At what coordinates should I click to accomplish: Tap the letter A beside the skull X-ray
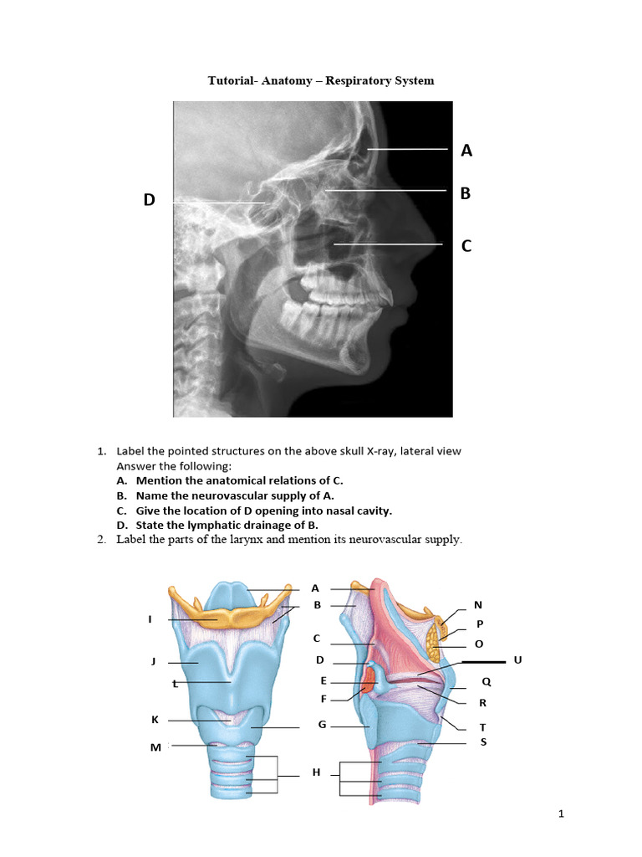(466, 151)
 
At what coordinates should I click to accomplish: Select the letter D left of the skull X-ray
(149, 200)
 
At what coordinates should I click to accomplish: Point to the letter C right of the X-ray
(466, 246)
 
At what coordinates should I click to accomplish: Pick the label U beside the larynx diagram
(517, 660)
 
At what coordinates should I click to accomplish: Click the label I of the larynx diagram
(150, 619)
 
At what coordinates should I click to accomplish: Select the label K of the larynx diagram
(155, 720)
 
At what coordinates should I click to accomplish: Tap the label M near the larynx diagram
(155, 747)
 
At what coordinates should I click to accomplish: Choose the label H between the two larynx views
(316, 772)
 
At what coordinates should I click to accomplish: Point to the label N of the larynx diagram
(478, 605)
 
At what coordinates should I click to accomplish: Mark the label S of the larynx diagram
(483, 742)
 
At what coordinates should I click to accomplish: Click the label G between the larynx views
(322, 724)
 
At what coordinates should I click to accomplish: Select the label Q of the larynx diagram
(486, 682)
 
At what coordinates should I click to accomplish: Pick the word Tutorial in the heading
(231, 80)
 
